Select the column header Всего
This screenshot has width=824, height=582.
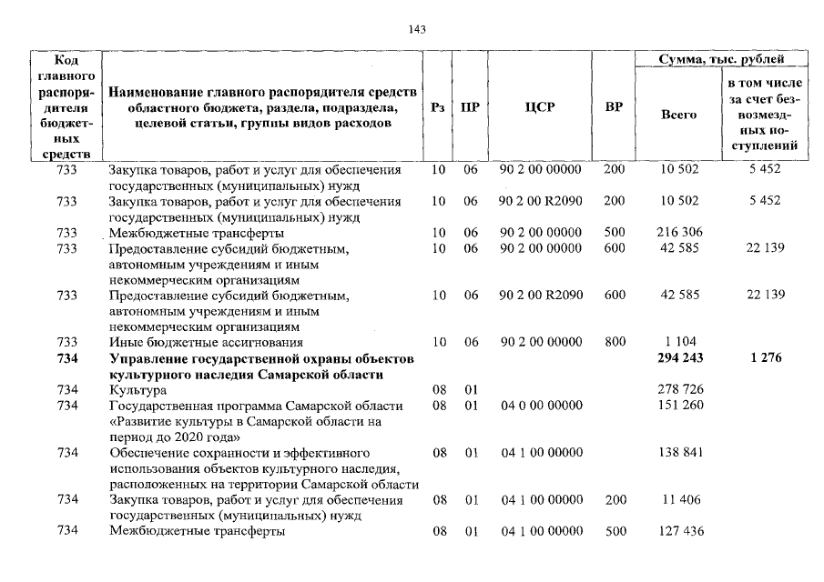coord(677,115)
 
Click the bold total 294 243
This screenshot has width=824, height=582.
coord(681,358)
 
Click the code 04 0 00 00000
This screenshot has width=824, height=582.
coord(541,405)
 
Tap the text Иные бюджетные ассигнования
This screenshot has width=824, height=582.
coord(205,342)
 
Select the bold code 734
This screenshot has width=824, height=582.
coord(66,358)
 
